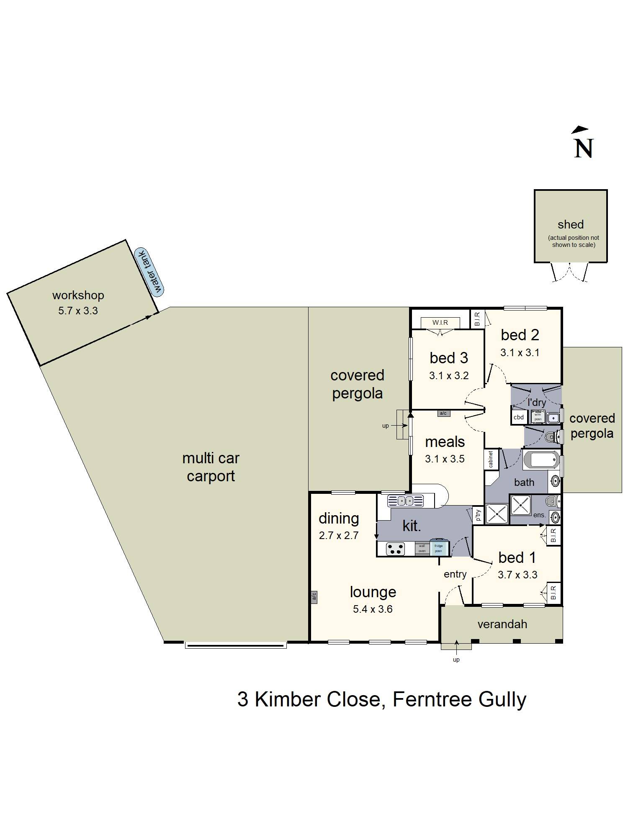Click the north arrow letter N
click(584, 148)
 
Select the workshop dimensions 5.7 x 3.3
click(78, 311)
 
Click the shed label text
click(570, 225)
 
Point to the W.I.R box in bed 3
click(440, 322)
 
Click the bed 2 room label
click(520, 335)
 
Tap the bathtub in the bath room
click(541, 460)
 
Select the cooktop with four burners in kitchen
click(395, 549)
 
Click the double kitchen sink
click(405, 501)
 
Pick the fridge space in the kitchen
click(438, 548)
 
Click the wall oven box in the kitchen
click(422, 548)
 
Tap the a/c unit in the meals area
click(443, 413)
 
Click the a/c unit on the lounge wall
click(314, 597)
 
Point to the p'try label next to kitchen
click(478, 515)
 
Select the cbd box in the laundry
click(519, 417)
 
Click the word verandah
click(502, 624)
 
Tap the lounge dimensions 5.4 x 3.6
click(373, 609)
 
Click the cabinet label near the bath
click(491, 460)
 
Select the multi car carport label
click(211, 467)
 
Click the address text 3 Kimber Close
click(309, 699)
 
